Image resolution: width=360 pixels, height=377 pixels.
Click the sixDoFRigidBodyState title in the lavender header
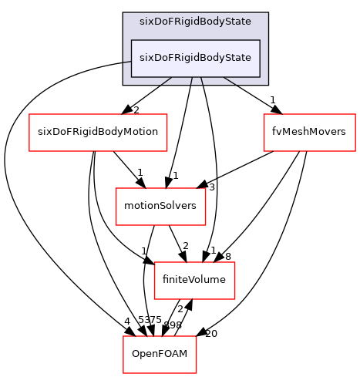click(195, 22)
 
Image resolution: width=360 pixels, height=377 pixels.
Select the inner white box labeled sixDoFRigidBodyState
click(195, 59)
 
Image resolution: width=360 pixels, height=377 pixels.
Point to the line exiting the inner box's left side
click(127, 61)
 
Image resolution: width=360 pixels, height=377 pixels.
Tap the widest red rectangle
click(98, 133)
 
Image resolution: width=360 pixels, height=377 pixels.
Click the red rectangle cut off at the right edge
click(309, 133)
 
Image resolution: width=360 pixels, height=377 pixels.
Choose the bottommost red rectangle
click(160, 355)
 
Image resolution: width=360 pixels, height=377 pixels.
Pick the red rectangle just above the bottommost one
click(194, 281)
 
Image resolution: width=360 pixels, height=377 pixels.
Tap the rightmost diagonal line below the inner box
click(230, 81)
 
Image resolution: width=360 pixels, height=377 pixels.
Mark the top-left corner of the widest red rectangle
click(29, 114)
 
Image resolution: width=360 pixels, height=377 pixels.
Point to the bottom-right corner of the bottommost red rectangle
click(196, 372)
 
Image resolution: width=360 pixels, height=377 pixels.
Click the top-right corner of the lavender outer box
click(267, 13)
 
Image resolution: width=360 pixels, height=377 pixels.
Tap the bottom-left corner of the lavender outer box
click(123, 84)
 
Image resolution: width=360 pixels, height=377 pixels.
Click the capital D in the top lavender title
click(159, 22)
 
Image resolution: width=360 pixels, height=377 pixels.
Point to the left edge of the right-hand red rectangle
click(264, 133)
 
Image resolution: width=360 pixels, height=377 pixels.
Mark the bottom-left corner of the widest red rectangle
click(29, 151)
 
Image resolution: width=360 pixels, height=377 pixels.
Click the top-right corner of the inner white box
click(259, 40)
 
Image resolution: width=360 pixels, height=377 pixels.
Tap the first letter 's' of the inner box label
click(142, 59)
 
